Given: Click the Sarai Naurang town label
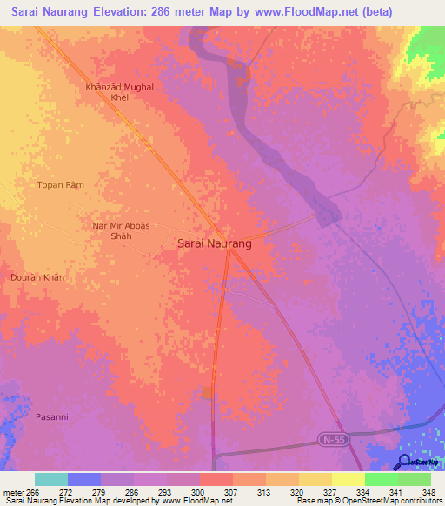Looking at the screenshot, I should click(x=215, y=244).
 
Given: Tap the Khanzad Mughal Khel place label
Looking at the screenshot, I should click(x=119, y=93).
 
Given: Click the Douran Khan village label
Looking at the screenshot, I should click(x=37, y=277).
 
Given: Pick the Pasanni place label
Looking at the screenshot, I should click(x=51, y=417).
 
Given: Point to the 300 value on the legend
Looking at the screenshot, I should click(x=199, y=491).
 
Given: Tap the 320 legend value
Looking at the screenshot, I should click(x=297, y=491).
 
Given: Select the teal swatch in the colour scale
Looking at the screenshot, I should click(x=51, y=479).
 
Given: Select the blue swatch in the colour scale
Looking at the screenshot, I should click(x=84, y=479).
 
